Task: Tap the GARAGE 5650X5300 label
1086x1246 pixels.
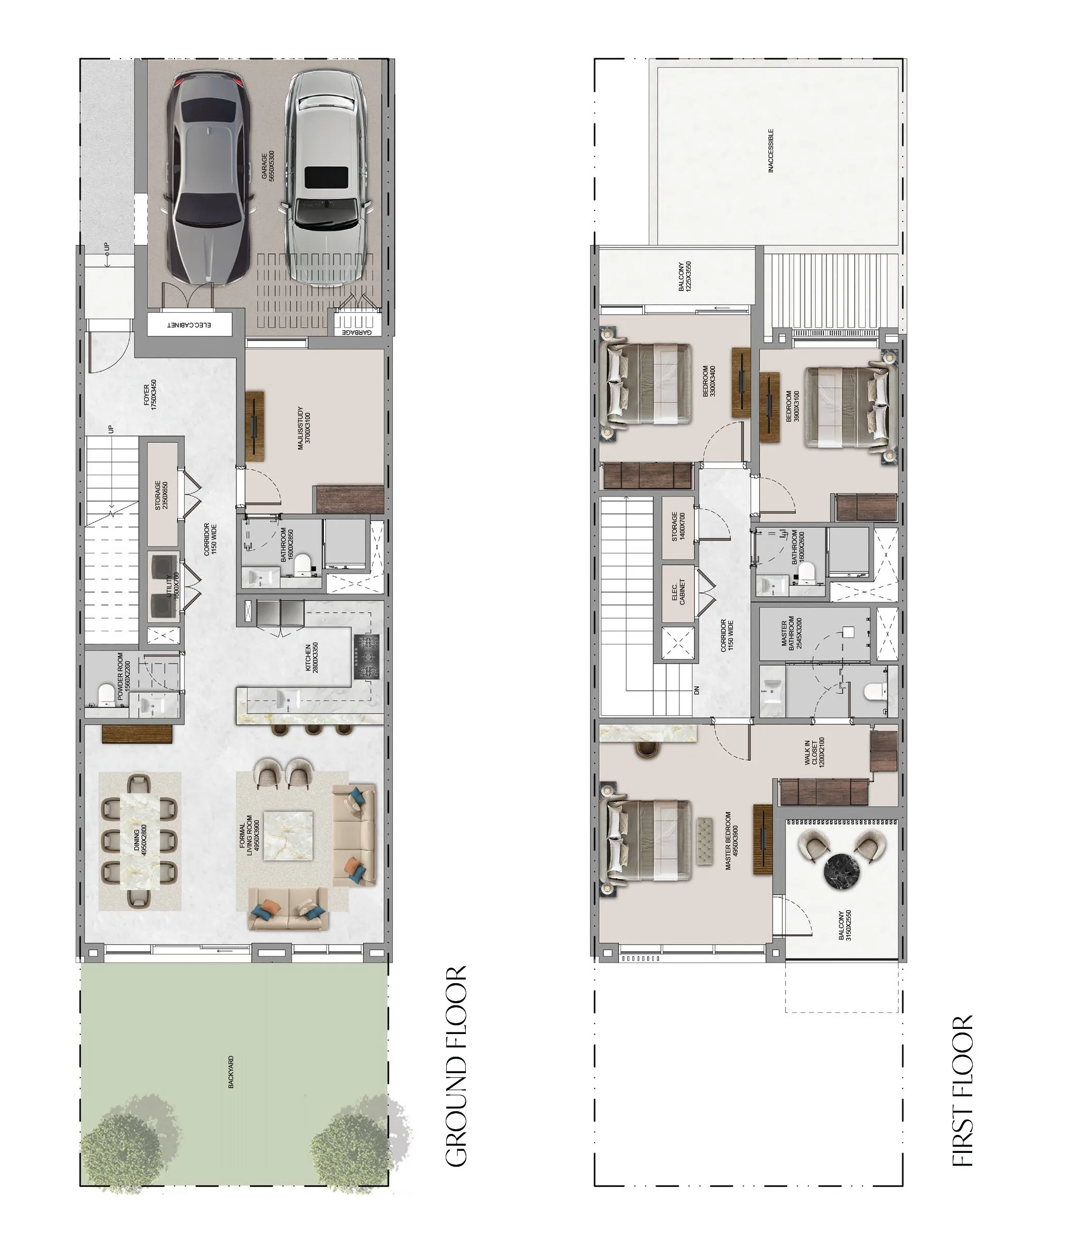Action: tap(268, 165)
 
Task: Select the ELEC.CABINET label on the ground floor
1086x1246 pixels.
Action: tap(189, 325)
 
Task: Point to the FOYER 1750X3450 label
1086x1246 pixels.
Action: tap(150, 395)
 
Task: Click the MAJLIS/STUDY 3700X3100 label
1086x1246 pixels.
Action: tap(304, 428)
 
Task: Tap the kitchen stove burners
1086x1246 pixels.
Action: tap(366, 656)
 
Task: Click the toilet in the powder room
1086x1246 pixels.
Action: tap(105, 695)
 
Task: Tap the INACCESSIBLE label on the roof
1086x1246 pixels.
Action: tap(771, 151)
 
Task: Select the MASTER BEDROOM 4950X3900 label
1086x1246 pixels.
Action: tap(731, 841)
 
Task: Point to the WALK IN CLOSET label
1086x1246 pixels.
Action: tap(814, 752)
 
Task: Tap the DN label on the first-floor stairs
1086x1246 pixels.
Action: tap(697, 690)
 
